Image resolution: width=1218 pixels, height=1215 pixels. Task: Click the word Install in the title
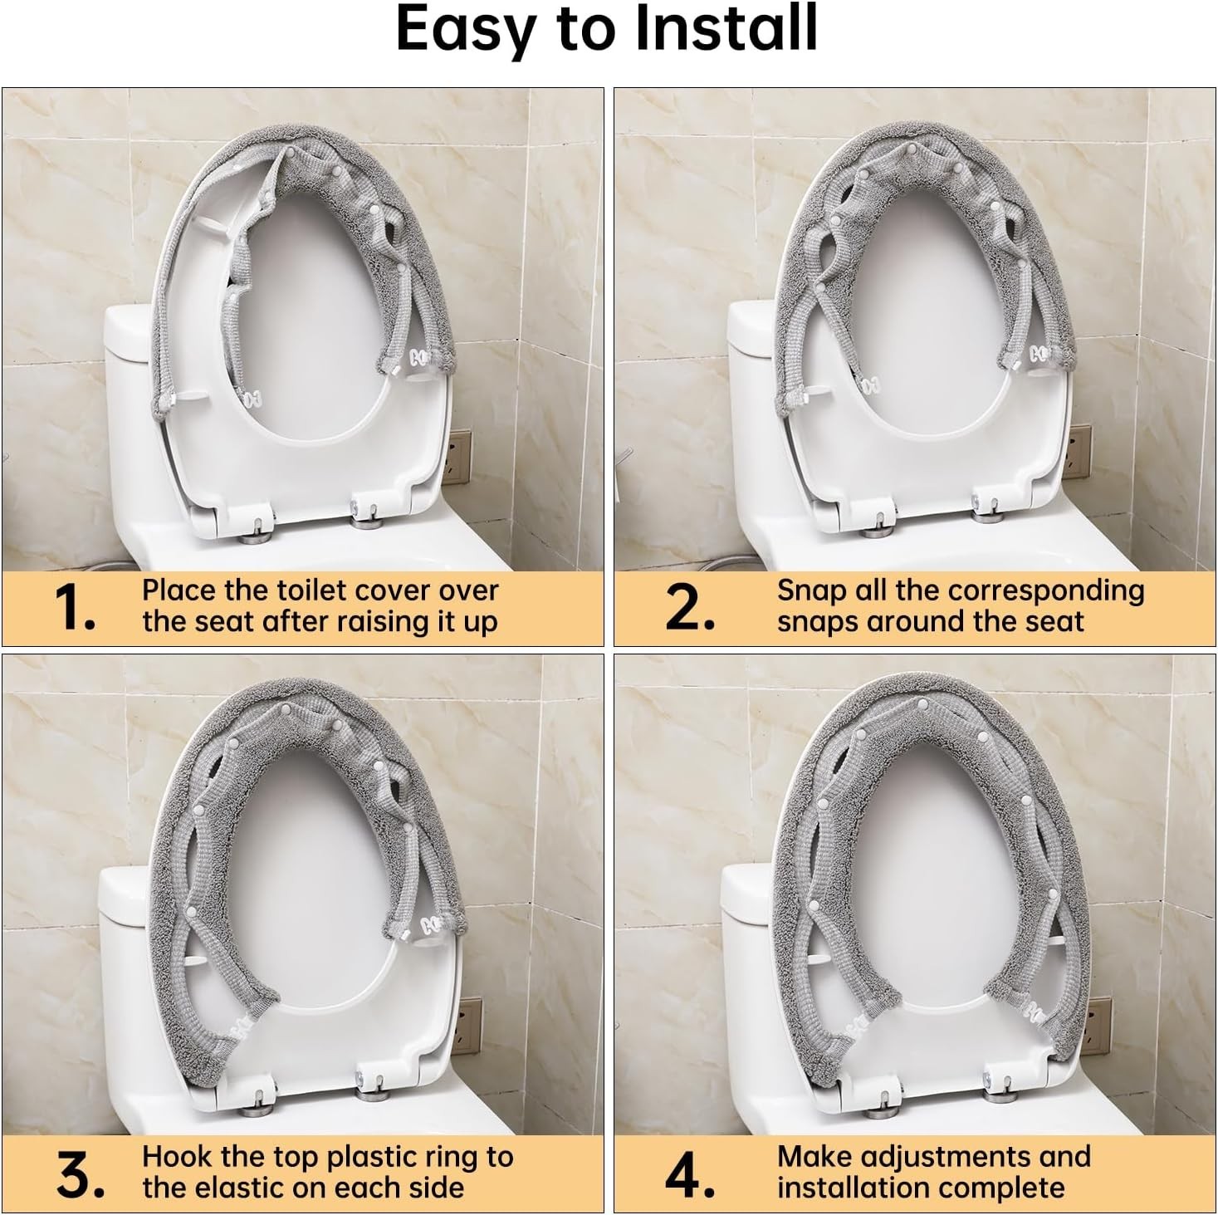[726, 30]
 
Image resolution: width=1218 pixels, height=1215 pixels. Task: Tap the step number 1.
[77, 608]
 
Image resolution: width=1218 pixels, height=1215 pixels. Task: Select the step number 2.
[690, 608]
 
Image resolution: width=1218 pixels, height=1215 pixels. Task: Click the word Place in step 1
[179, 590]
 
